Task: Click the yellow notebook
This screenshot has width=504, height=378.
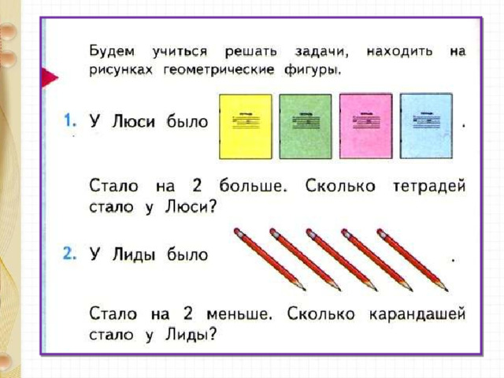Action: pos(245,127)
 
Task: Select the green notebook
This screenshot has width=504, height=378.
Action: pos(306,127)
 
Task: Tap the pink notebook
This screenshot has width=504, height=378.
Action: pos(365,126)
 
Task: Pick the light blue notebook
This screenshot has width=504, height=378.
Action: pos(426,126)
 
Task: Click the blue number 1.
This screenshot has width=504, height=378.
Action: pos(70,120)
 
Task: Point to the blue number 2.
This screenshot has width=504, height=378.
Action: pos(70,254)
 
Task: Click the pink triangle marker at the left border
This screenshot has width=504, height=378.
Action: pos(50,77)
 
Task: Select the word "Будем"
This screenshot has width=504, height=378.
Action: pos(112,51)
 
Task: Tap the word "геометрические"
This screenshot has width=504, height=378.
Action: pos(219,70)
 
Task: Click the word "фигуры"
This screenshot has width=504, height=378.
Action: pos(312,70)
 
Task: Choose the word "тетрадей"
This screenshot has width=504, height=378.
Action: pos(429,186)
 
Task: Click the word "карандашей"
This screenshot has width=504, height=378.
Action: pos(417,313)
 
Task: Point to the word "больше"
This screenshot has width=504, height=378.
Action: pos(253,186)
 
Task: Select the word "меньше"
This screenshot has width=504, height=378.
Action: pos(239,314)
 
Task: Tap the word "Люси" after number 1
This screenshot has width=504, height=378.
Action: pos(133,122)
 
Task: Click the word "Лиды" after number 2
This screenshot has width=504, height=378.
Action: pos(134,255)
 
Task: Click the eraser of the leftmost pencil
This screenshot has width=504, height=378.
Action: pos(238,232)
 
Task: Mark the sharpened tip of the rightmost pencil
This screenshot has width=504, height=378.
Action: pos(447,291)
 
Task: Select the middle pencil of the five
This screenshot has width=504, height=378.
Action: pos(341,260)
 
